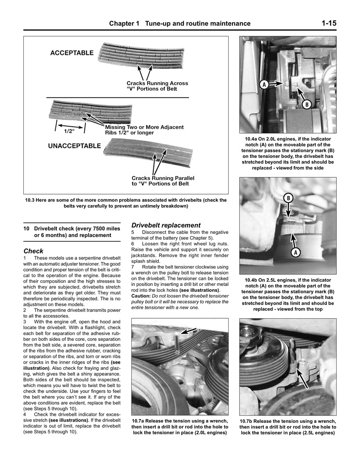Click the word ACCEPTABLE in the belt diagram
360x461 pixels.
(x=72, y=53)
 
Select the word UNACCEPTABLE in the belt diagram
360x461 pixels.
(x=74, y=146)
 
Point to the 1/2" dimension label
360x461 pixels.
(x=70, y=130)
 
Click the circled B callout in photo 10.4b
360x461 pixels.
(x=288, y=198)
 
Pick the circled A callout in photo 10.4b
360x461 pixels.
(x=296, y=252)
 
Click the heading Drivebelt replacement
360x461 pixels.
(x=166, y=225)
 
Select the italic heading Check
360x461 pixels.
(x=33, y=251)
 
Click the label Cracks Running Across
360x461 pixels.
(x=157, y=83)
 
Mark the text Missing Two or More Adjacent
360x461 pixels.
(x=144, y=127)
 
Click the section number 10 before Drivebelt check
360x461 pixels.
(x=26, y=228)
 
